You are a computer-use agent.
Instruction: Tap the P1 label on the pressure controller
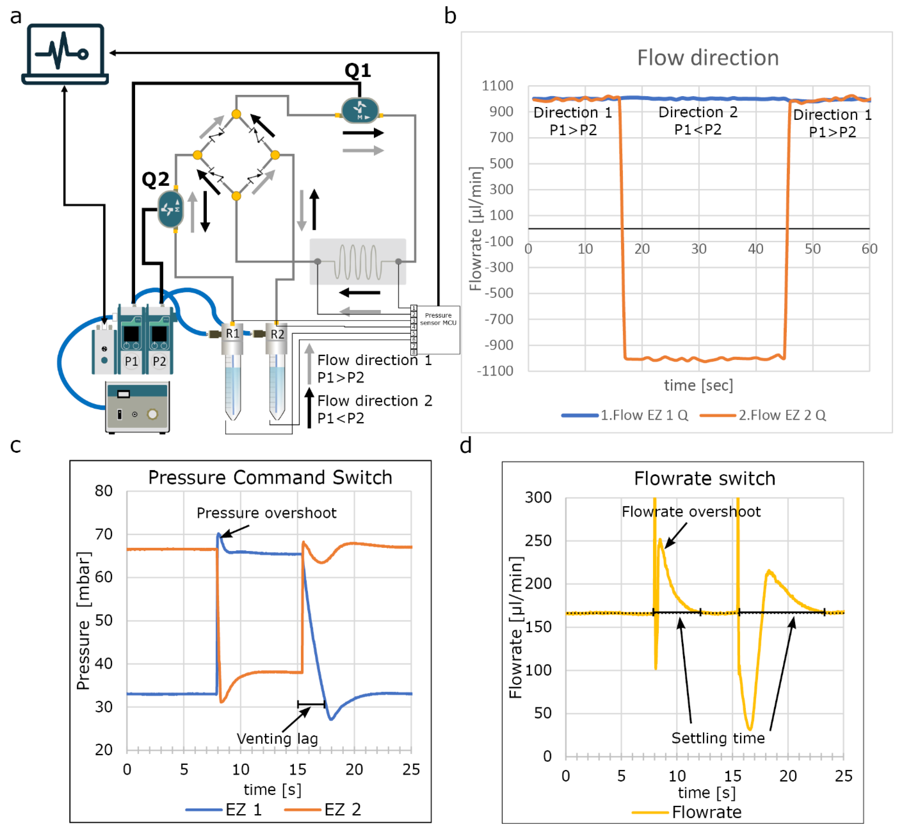[131, 361]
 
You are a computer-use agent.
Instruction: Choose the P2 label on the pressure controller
[159, 361]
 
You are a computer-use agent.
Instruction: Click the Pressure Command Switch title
[270, 477]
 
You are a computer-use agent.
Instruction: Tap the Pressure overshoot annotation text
[266, 513]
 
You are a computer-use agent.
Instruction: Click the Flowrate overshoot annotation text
[691, 512]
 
